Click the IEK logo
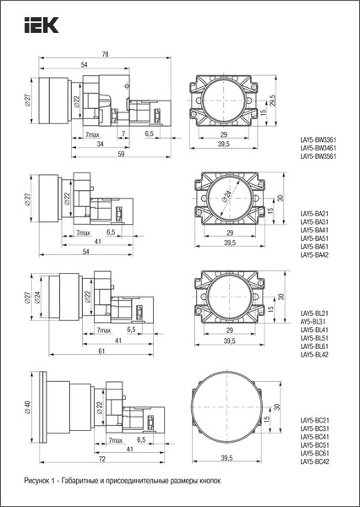click(41, 25)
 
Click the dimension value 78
click(105, 54)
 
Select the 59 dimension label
click(121, 154)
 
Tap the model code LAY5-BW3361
click(319, 140)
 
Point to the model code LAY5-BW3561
click(319, 156)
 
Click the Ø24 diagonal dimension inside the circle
click(227, 195)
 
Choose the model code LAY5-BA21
click(314, 214)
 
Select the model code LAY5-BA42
click(314, 255)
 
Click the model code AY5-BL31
click(314, 322)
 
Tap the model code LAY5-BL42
click(314, 355)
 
